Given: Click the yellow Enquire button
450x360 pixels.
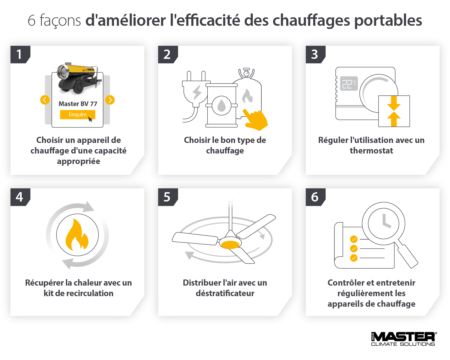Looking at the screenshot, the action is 78,115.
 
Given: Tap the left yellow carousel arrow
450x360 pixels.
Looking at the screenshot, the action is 45,100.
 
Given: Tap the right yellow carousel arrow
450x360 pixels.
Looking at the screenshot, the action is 110,100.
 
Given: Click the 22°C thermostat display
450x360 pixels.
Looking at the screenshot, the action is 349,83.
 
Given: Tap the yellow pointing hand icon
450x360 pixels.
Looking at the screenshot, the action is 255,120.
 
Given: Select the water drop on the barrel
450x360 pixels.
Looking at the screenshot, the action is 221,105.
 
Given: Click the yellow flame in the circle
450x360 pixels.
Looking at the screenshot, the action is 77,235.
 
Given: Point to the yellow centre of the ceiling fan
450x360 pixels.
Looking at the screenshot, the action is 230,245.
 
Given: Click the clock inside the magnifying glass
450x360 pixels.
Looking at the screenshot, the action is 383,223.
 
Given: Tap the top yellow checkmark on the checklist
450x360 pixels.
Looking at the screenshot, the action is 354,239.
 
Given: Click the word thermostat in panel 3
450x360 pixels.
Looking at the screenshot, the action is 371,151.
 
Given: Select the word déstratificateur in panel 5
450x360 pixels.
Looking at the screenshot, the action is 225,293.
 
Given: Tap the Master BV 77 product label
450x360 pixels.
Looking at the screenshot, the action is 78,104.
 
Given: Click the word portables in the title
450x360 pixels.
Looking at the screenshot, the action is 388,21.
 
